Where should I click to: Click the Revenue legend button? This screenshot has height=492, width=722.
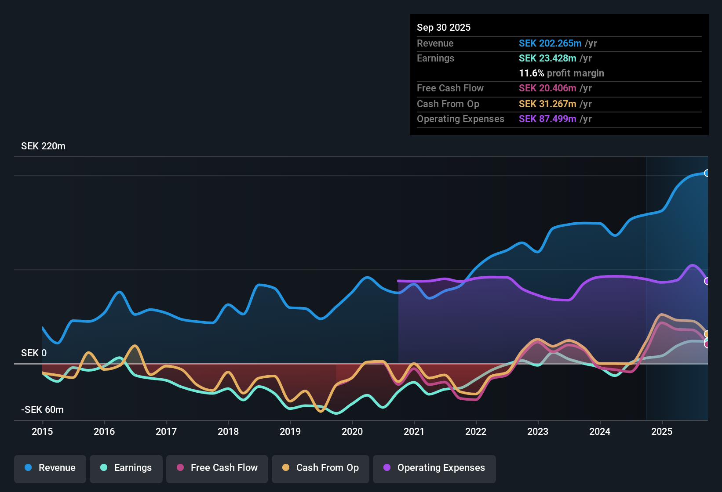[x=50, y=468]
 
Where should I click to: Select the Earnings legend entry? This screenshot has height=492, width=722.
[x=126, y=468]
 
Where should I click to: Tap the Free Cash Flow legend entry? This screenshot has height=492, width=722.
[x=217, y=468]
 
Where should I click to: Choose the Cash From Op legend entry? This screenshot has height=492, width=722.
[x=321, y=468]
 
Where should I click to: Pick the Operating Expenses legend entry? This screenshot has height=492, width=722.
[x=434, y=468]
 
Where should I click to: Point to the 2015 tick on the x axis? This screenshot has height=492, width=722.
[x=42, y=431]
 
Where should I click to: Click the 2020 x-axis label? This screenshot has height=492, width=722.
[x=352, y=431]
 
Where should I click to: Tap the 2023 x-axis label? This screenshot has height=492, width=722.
[x=538, y=431]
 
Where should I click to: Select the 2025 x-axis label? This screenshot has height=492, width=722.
[x=662, y=431]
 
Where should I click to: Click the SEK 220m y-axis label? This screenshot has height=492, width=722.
[x=43, y=146]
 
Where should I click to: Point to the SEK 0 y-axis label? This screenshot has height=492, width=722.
[x=34, y=353]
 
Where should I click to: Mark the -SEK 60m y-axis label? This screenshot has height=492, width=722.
[x=42, y=410]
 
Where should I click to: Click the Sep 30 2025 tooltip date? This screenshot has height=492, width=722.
[x=444, y=27]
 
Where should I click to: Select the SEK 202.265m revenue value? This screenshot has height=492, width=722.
[x=550, y=43]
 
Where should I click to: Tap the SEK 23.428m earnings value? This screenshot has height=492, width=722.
[x=547, y=58]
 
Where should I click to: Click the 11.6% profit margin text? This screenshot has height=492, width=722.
[x=562, y=73]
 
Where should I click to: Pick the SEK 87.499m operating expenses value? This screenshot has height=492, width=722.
[x=547, y=119]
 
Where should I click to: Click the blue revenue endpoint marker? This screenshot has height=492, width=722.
[x=707, y=173]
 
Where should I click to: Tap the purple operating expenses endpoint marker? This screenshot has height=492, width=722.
[x=707, y=281]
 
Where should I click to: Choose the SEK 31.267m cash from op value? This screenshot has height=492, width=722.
[x=547, y=104]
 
